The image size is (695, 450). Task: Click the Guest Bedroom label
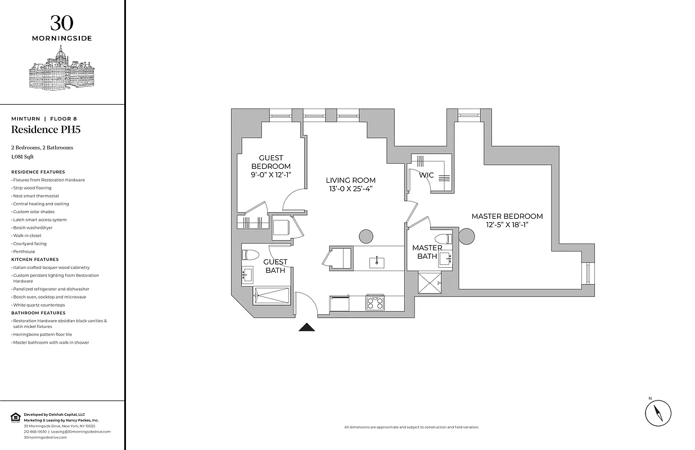coord(270,162)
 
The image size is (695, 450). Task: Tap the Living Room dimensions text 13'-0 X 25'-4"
coord(350,189)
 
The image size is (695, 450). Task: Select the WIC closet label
coord(426,175)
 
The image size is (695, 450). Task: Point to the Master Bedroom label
coord(507,216)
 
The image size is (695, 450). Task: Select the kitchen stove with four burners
coord(374,303)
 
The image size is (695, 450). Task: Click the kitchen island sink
coord(376,262)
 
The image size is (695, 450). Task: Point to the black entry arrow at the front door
coord(307,327)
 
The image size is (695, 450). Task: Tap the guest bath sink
coord(247,275)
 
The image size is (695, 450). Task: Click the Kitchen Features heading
coord(34,259)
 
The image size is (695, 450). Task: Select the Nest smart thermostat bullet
coord(36,196)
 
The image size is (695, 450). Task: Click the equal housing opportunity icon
coord(15,417)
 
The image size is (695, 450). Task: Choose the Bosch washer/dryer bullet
coord(33,228)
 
